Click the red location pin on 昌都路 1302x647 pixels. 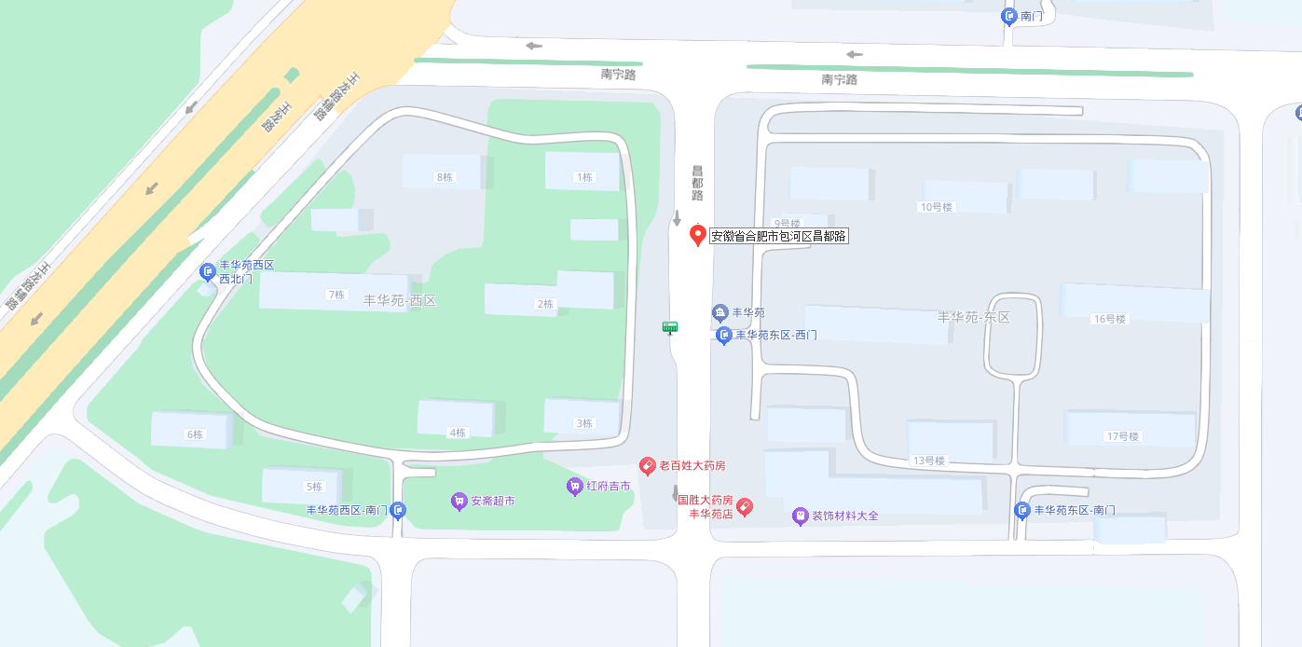697,235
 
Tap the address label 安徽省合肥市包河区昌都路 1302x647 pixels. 779,237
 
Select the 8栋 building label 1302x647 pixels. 444,177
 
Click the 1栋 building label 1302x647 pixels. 584,177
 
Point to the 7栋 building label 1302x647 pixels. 336,295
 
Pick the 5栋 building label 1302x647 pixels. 313,487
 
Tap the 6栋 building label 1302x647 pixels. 195,434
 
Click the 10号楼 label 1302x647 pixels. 936,207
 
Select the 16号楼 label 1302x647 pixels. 1109,319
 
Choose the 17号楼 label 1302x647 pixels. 1122,436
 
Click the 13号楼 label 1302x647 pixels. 928,461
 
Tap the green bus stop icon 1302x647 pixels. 669,326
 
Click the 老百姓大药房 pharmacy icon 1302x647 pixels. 647,465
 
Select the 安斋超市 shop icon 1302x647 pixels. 459,501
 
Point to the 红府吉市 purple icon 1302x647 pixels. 574,486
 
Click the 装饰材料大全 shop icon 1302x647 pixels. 800,516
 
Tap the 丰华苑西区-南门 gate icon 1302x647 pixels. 398,510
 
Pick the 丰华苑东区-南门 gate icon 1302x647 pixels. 1022,510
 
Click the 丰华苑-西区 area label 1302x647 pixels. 399,300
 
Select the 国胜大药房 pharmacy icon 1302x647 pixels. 744,506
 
